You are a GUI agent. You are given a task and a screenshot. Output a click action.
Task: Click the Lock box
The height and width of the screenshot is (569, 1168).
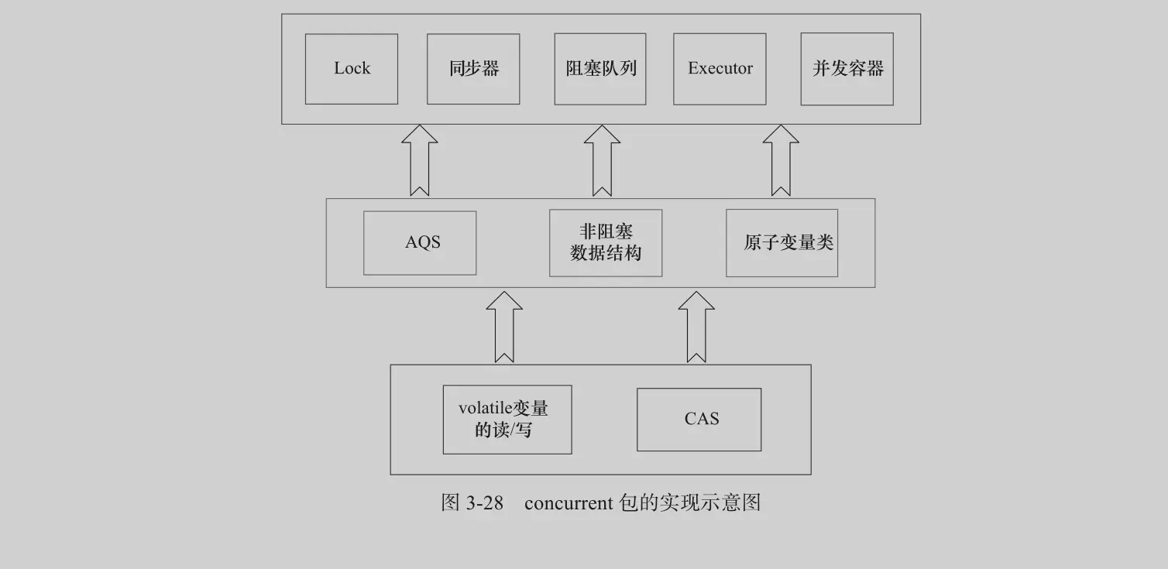(351, 69)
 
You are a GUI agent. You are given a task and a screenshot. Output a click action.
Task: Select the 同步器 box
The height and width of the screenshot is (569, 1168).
(473, 69)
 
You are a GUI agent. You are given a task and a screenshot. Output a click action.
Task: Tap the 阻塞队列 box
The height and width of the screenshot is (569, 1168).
(600, 69)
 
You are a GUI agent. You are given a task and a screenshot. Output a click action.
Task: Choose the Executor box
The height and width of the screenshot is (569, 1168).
(720, 69)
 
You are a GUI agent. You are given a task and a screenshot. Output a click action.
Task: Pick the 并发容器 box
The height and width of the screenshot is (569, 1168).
(847, 69)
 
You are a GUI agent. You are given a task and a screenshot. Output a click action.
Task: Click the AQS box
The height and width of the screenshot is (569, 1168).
(420, 242)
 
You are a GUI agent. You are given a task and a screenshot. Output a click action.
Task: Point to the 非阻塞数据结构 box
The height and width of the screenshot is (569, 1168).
(606, 242)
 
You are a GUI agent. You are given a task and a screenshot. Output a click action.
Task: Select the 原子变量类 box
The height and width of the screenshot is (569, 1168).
(782, 242)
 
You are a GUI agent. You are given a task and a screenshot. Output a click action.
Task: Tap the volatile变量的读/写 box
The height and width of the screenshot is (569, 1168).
(507, 419)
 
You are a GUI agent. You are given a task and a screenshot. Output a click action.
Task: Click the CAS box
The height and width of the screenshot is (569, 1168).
(699, 419)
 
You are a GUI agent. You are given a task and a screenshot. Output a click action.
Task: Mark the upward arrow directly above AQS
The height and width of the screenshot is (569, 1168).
(419, 160)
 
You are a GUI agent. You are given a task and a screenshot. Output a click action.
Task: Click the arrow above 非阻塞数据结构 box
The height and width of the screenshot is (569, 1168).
(602, 160)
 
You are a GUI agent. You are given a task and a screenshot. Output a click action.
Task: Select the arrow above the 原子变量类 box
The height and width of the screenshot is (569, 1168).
(781, 160)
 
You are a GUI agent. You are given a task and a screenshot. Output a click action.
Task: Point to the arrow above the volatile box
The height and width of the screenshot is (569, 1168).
(504, 326)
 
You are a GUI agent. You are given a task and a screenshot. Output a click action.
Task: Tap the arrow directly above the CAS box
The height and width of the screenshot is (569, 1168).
(696, 326)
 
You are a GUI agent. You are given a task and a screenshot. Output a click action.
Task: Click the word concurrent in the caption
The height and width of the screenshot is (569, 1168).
(569, 503)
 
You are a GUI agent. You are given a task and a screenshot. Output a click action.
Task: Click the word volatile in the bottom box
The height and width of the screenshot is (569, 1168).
(480, 408)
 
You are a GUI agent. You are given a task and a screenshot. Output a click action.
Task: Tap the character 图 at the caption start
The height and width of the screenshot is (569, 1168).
(451, 503)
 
